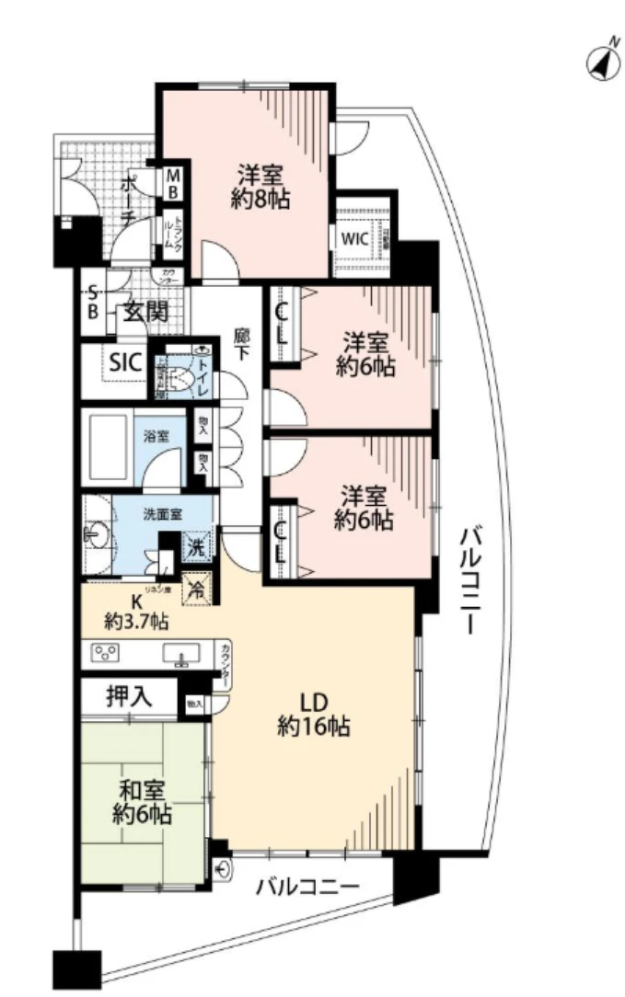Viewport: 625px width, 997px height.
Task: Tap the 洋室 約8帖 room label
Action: [x=260, y=187]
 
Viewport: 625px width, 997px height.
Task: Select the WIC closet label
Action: [x=355, y=238]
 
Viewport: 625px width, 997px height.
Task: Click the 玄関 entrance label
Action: [x=146, y=312]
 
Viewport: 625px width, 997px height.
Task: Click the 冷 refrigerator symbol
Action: [x=197, y=589]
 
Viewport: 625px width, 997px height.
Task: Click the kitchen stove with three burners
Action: [x=105, y=654]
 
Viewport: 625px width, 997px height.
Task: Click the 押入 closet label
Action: [x=129, y=697]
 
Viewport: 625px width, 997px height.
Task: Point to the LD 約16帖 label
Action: [x=313, y=713]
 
